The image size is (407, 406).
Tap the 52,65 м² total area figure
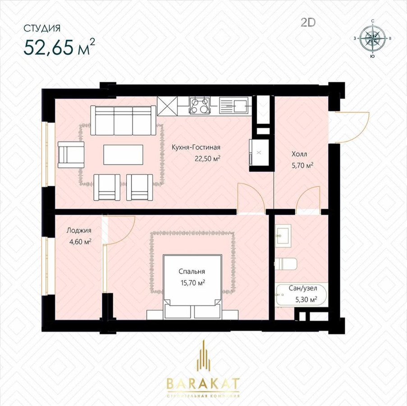pyautogui.click(x=59, y=47)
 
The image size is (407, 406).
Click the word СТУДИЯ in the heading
pyautogui.click(x=42, y=28)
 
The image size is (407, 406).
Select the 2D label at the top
pyautogui.click(x=308, y=23)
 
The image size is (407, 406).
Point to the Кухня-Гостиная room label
pyautogui.click(x=196, y=148)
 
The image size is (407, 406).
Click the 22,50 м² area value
pyautogui.click(x=208, y=158)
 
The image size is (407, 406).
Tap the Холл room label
pyautogui.click(x=299, y=154)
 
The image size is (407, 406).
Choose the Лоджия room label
pyautogui.click(x=79, y=231)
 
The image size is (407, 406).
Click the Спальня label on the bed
pyautogui.click(x=192, y=272)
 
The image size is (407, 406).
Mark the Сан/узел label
pyautogui.click(x=303, y=288)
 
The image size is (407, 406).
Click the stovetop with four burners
pyautogui.click(x=199, y=106)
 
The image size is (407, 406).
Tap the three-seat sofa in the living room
pyautogui.click(x=123, y=120)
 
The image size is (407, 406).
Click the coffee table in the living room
pyautogui.click(x=123, y=155)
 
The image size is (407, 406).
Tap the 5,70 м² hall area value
pyautogui.click(x=302, y=166)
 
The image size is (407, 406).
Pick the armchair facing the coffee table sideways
pyautogui.click(x=71, y=155)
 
